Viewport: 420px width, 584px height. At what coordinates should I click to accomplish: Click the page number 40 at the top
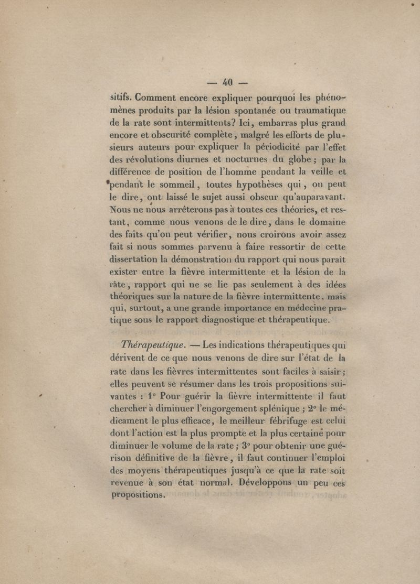click(x=227, y=82)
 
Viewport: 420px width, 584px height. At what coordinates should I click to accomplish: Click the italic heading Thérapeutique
click(x=152, y=345)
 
